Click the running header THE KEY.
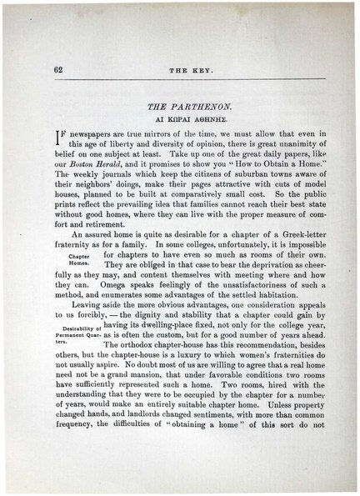[181, 70]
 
